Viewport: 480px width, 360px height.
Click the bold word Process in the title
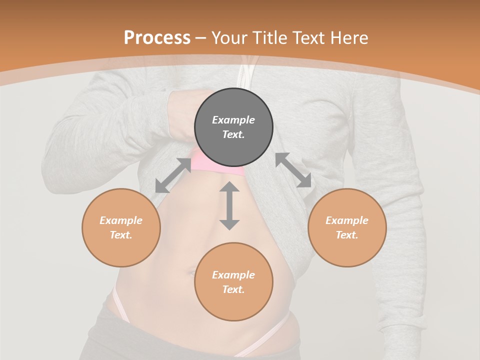(157, 37)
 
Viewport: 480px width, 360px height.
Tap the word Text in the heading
(309, 37)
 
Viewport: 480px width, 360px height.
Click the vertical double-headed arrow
(229, 205)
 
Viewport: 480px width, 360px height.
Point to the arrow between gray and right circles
(293, 170)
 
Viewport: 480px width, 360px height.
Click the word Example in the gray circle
(233, 120)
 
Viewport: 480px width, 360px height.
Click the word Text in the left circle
(121, 235)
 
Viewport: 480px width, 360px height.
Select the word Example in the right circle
(347, 220)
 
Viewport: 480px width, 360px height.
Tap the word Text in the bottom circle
(233, 289)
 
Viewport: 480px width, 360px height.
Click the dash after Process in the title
(201, 38)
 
